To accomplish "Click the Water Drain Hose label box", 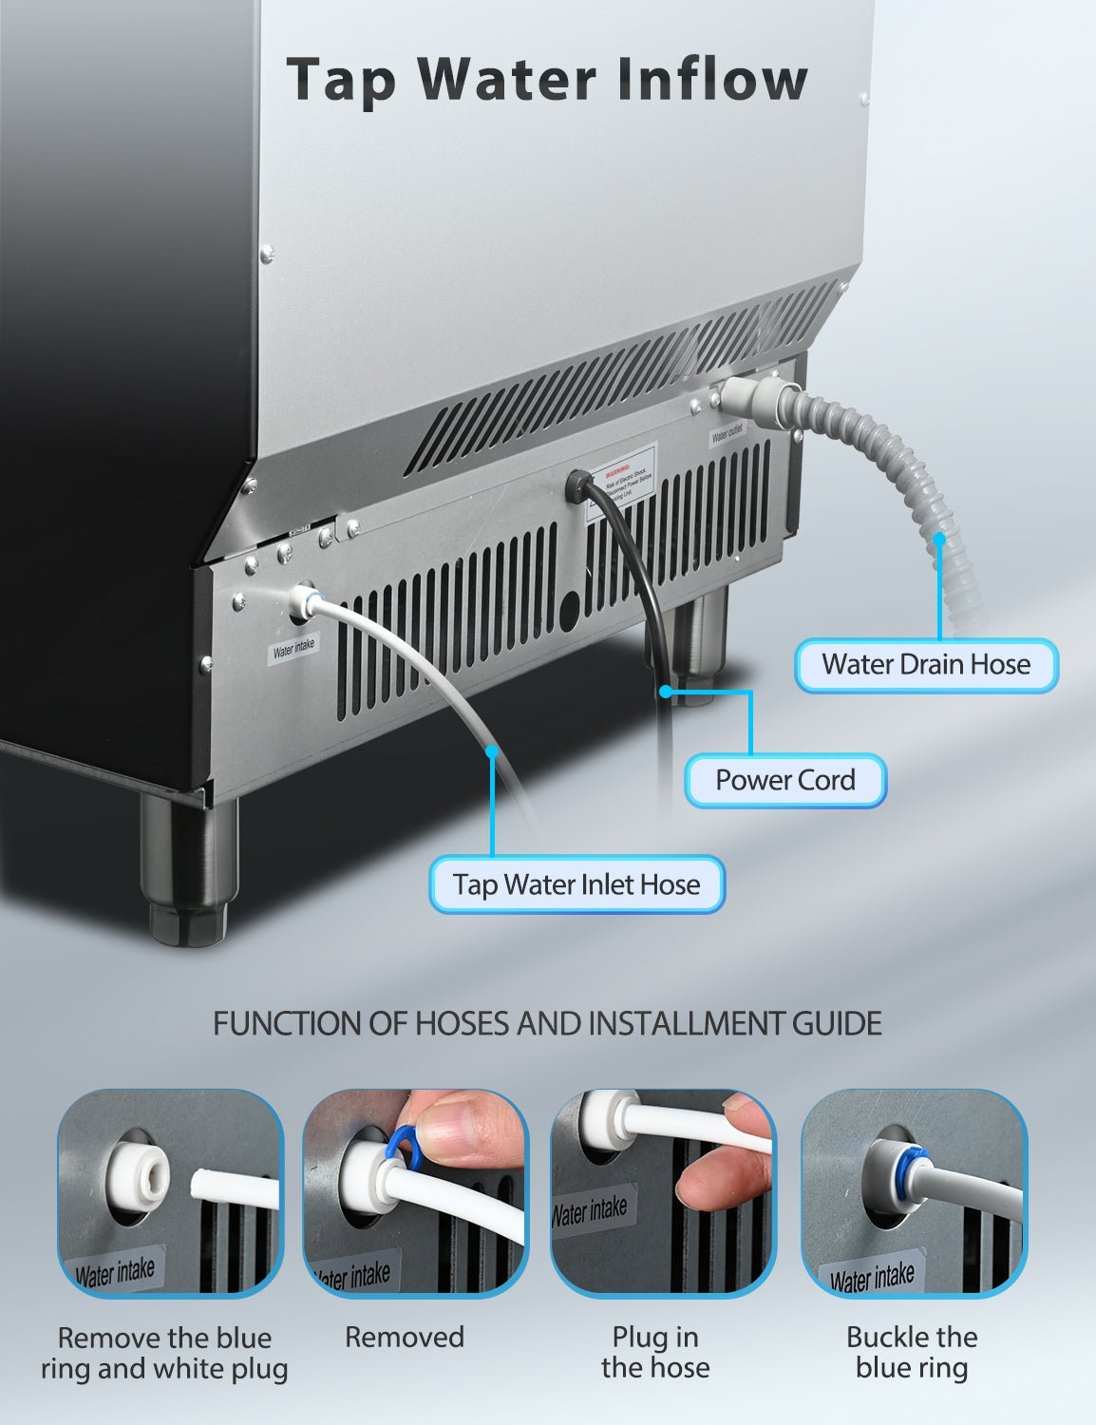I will pyautogui.click(x=925, y=664).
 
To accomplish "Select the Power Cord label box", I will pyautogui.click(x=784, y=780).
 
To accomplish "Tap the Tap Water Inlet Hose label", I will pyautogui.click(x=576, y=884).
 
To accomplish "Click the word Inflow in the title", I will pyautogui.click(x=712, y=79).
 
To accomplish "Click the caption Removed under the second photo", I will pyautogui.click(x=404, y=1338).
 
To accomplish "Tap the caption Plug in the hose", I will pyautogui.click(x=654, y=1352).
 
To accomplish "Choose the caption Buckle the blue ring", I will pyautogui.click(x=911, y=1352).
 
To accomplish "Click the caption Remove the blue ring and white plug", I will pyautogui.click(x=164, y=1353).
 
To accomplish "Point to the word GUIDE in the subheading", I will pyautogui.click(x=836, y=1023).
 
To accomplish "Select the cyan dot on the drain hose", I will pyautogui.click(x=939, y=539).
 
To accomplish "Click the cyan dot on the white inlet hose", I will pyautogui.click(x=492, y=751).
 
